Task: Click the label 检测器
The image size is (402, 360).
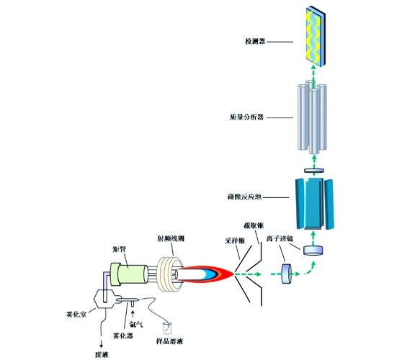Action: (256, 42)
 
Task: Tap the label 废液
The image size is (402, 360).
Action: (101, 354)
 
